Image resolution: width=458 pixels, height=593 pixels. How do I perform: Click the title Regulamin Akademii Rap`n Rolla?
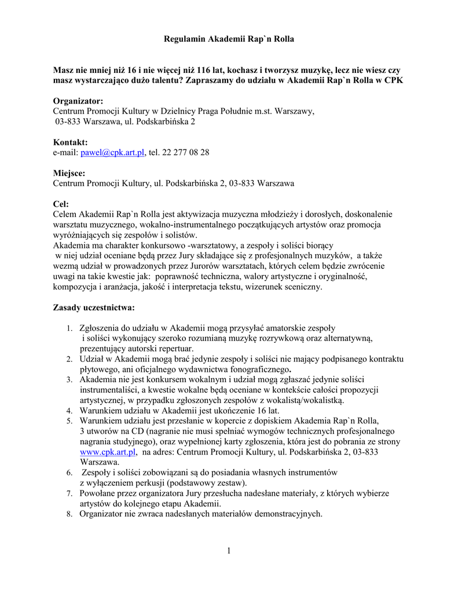click(x=229, y=39)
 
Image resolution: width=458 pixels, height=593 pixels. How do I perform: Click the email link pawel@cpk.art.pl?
click(x=112, y=152)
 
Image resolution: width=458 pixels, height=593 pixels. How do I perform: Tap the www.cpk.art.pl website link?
click(x=107, y=452)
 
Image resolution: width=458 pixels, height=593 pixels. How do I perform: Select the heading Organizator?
click(x=78, y=101)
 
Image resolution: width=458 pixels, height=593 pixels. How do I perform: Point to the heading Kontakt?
click(x=71, y=142)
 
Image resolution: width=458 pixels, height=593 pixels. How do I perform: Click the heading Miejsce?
click(x=69, y=173)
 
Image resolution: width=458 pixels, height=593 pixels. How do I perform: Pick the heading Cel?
click(x=61, y=203)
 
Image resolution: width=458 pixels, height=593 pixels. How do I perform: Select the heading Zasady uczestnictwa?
click(x=94, y=306)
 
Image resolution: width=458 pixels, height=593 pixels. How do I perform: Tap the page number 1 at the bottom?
click(x=229, y=551)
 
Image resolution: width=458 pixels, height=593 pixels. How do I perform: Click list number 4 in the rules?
click(x=68, y=411)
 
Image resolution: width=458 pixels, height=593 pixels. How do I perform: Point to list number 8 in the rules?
click(x=68, y=514)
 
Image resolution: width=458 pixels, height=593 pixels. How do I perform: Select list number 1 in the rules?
click(x=68, y=328)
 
